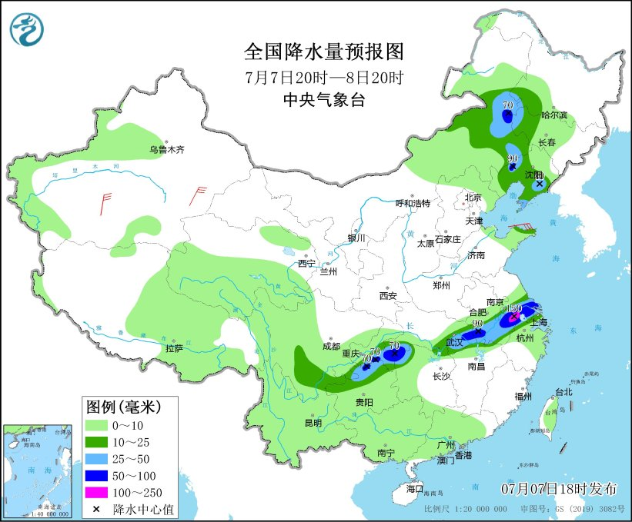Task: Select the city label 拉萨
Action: pos(175,348)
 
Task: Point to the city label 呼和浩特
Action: pos(413,204)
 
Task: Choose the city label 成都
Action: pos(331,346)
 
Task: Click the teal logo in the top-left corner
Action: pos(27,28)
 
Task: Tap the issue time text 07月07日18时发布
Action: pos(560,489)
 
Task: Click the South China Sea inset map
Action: pos(38,469)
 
